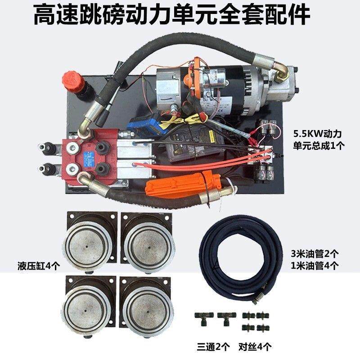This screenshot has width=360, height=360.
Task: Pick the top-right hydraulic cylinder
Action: [148, 242]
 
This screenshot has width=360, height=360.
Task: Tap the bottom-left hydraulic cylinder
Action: [89, 306]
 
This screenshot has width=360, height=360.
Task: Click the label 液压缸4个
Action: [39, 266]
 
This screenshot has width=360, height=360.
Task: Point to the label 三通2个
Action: [213, 346]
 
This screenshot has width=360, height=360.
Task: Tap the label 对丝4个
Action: [255, 346]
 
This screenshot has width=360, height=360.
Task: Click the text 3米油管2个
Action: [315, 254]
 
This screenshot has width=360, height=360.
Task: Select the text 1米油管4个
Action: [315, 266]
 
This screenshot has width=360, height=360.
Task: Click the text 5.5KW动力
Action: [318, 134]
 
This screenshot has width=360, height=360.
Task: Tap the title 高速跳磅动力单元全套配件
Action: [172, 15]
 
